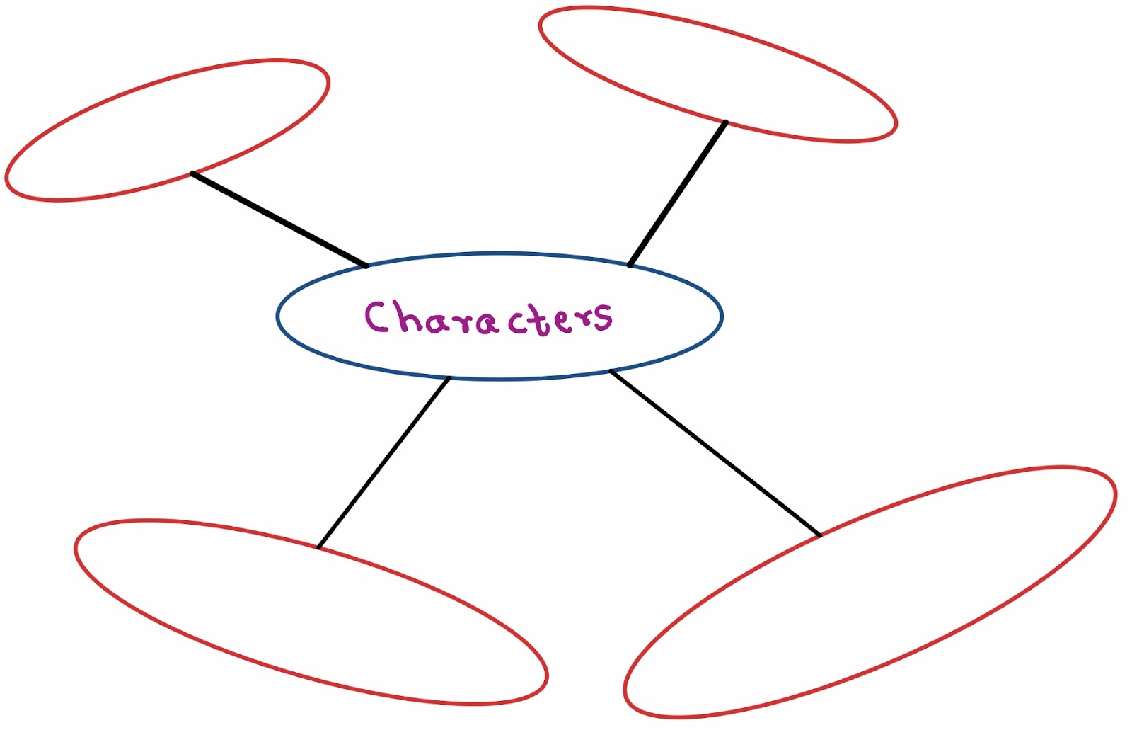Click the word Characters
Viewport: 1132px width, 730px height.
tap(488, 318)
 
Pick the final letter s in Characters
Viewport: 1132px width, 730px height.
tap(603, 317)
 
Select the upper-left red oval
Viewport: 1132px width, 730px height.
tap(168, 130)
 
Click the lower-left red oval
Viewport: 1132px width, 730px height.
tap(311, 612)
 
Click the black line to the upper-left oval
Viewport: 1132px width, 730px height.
tap(279, 219)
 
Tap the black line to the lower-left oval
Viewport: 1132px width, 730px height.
tap(384, 462)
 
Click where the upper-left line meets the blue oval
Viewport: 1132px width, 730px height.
tap(366, 266)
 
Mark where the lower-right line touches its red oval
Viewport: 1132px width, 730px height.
tap(820, 535)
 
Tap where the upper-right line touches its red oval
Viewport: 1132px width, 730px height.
tap(726, 122)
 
